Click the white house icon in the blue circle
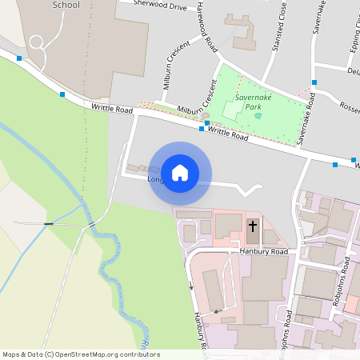coord(180,172)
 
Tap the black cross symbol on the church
coord(253,226)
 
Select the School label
coord(66,5)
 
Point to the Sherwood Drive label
coord(160,6)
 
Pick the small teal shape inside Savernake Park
coord(258,116)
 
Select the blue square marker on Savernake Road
coord(314,82)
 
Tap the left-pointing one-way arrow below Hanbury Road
coord(214,310)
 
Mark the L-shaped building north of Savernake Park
coord(244,29)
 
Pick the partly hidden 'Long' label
coord(155,179)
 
